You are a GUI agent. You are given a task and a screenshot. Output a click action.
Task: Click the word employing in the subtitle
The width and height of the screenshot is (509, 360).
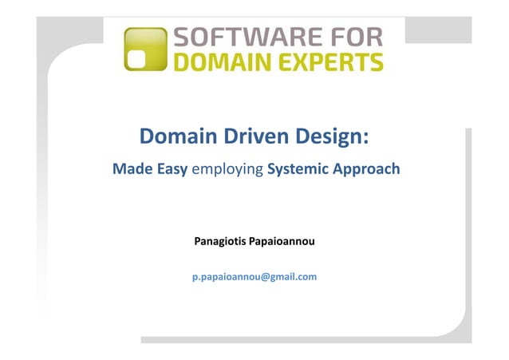(227, 170)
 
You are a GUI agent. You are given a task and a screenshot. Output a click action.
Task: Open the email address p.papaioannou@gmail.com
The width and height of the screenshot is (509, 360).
(254, 277)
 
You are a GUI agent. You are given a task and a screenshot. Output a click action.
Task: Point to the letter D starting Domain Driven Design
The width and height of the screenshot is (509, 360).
(147, 138)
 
